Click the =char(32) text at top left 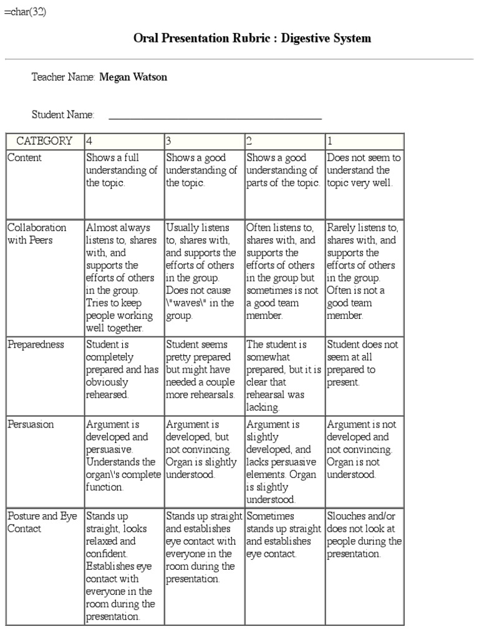point(25,12)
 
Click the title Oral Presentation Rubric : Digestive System point(252,39)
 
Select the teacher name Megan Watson point(133,77)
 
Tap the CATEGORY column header point(44,141)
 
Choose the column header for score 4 point(123,141)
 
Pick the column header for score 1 point(364,141)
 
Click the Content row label point(25,158)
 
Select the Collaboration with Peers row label point(37,234)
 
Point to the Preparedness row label point(36,344)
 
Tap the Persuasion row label point(31,424)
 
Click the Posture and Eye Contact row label point(41,522)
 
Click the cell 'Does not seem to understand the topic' point(364,170)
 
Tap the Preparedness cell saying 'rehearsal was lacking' point(284,376)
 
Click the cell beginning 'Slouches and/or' point(364,535)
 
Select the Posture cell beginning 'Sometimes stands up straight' point(284,535)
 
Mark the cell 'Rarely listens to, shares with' point(364,271)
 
